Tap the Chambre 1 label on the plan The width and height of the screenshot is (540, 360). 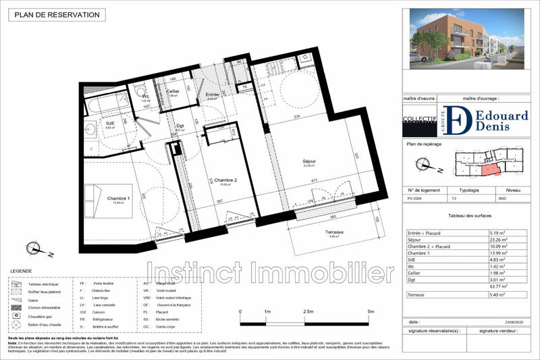[119, 198]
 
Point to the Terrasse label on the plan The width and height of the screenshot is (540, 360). [333, 232]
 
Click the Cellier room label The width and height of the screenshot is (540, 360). [173, 91]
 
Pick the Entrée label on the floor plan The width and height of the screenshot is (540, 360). [211, 95]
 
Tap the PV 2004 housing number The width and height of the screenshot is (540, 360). [416, 199]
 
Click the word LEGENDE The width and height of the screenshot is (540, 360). [20, 271]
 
